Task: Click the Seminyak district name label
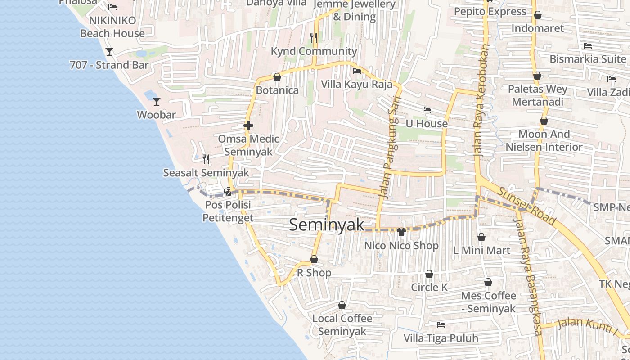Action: (x=326, y=225)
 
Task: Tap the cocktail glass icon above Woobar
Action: (x=156, y=102)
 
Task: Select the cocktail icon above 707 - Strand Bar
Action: (x=109, y=52)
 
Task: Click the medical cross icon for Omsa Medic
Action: (x=248, y=126)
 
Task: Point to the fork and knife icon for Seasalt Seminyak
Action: (x=206, y=159)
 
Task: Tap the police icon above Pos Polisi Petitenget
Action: (x=228, y=192)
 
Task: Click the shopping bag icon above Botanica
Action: (x=277, y=77)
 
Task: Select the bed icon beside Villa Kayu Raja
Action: (x=357, y=71)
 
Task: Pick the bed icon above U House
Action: (x=426, y=110)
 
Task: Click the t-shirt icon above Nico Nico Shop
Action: (x=401, y=232)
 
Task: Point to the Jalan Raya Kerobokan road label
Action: (x=481, y=100)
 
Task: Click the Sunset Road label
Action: (x=526, y=206)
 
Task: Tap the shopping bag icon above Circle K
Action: (x=429, y=274)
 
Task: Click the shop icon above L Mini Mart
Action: (x=481, y=237)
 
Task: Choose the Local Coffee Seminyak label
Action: (x=342, y=325)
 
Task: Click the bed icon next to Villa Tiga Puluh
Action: (x=441, y=324)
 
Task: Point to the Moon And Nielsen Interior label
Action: (x=544, y=140)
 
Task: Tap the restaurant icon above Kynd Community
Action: (x=314, y=38)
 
